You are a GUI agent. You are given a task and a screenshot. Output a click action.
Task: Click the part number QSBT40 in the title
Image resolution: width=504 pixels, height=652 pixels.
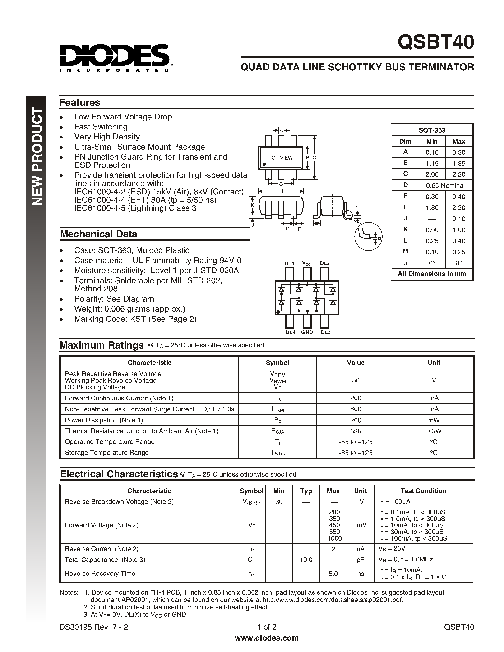(436, 42)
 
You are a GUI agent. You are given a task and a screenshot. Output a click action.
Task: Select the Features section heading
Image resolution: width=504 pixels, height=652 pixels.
(80, 102)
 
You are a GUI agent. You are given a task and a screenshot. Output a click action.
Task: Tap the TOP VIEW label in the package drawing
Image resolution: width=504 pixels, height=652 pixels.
(280, 158)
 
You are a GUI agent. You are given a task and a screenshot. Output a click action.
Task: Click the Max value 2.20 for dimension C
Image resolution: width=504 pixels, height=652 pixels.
(459, 174)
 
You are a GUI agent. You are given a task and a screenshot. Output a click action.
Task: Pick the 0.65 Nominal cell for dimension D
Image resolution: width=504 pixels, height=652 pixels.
(445, 185)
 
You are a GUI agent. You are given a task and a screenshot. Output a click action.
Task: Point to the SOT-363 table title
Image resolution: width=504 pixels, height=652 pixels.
(432, 130)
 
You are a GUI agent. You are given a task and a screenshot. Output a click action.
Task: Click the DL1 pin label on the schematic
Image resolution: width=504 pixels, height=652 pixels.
(289, 263)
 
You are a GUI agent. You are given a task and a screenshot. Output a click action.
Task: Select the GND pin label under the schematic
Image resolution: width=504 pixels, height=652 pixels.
(307, 332)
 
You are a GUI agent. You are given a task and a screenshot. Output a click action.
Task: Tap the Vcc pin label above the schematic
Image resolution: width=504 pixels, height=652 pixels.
(306, 263)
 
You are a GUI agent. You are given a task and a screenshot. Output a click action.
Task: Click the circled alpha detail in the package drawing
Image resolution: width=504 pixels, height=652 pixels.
(368, 236)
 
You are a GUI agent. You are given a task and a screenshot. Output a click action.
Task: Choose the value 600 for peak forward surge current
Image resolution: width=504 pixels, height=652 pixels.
(355, 409)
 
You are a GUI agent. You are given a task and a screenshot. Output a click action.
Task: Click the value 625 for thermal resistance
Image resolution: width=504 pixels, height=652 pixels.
(355, 431)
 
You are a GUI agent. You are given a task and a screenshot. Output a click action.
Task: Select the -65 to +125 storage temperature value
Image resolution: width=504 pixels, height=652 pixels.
(355, 453)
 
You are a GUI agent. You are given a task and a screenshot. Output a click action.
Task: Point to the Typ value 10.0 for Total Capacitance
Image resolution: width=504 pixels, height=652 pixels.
(306, 560)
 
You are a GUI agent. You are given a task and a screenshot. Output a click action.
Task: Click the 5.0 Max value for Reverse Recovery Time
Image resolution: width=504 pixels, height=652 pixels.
(333, 574)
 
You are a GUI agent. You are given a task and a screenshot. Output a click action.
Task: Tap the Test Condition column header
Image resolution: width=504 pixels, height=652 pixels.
(423, 491)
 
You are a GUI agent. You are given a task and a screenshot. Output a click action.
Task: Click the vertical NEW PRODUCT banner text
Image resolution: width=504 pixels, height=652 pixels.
(37, 157)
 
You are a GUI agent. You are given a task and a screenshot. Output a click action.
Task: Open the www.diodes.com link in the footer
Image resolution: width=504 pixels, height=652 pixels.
(267, 638)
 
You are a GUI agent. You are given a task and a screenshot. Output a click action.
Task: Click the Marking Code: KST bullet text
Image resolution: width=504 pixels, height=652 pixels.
(135, 319)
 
